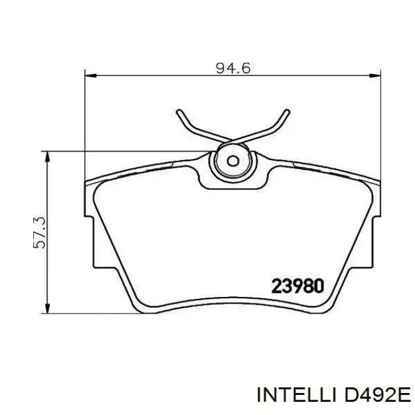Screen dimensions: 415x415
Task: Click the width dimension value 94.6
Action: pos(233,69)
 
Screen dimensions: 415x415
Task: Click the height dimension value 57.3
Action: pos(40,232)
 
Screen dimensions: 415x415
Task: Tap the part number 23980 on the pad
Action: pos(298,286)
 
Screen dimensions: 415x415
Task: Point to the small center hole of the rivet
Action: pos(233,161)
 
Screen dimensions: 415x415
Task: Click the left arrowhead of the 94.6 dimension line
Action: pos(90,76)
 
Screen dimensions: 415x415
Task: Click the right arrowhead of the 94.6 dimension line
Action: pos(375,76)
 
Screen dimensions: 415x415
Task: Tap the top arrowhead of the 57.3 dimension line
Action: pos(47,157)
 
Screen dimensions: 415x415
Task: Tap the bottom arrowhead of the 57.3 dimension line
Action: pos(47,309)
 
